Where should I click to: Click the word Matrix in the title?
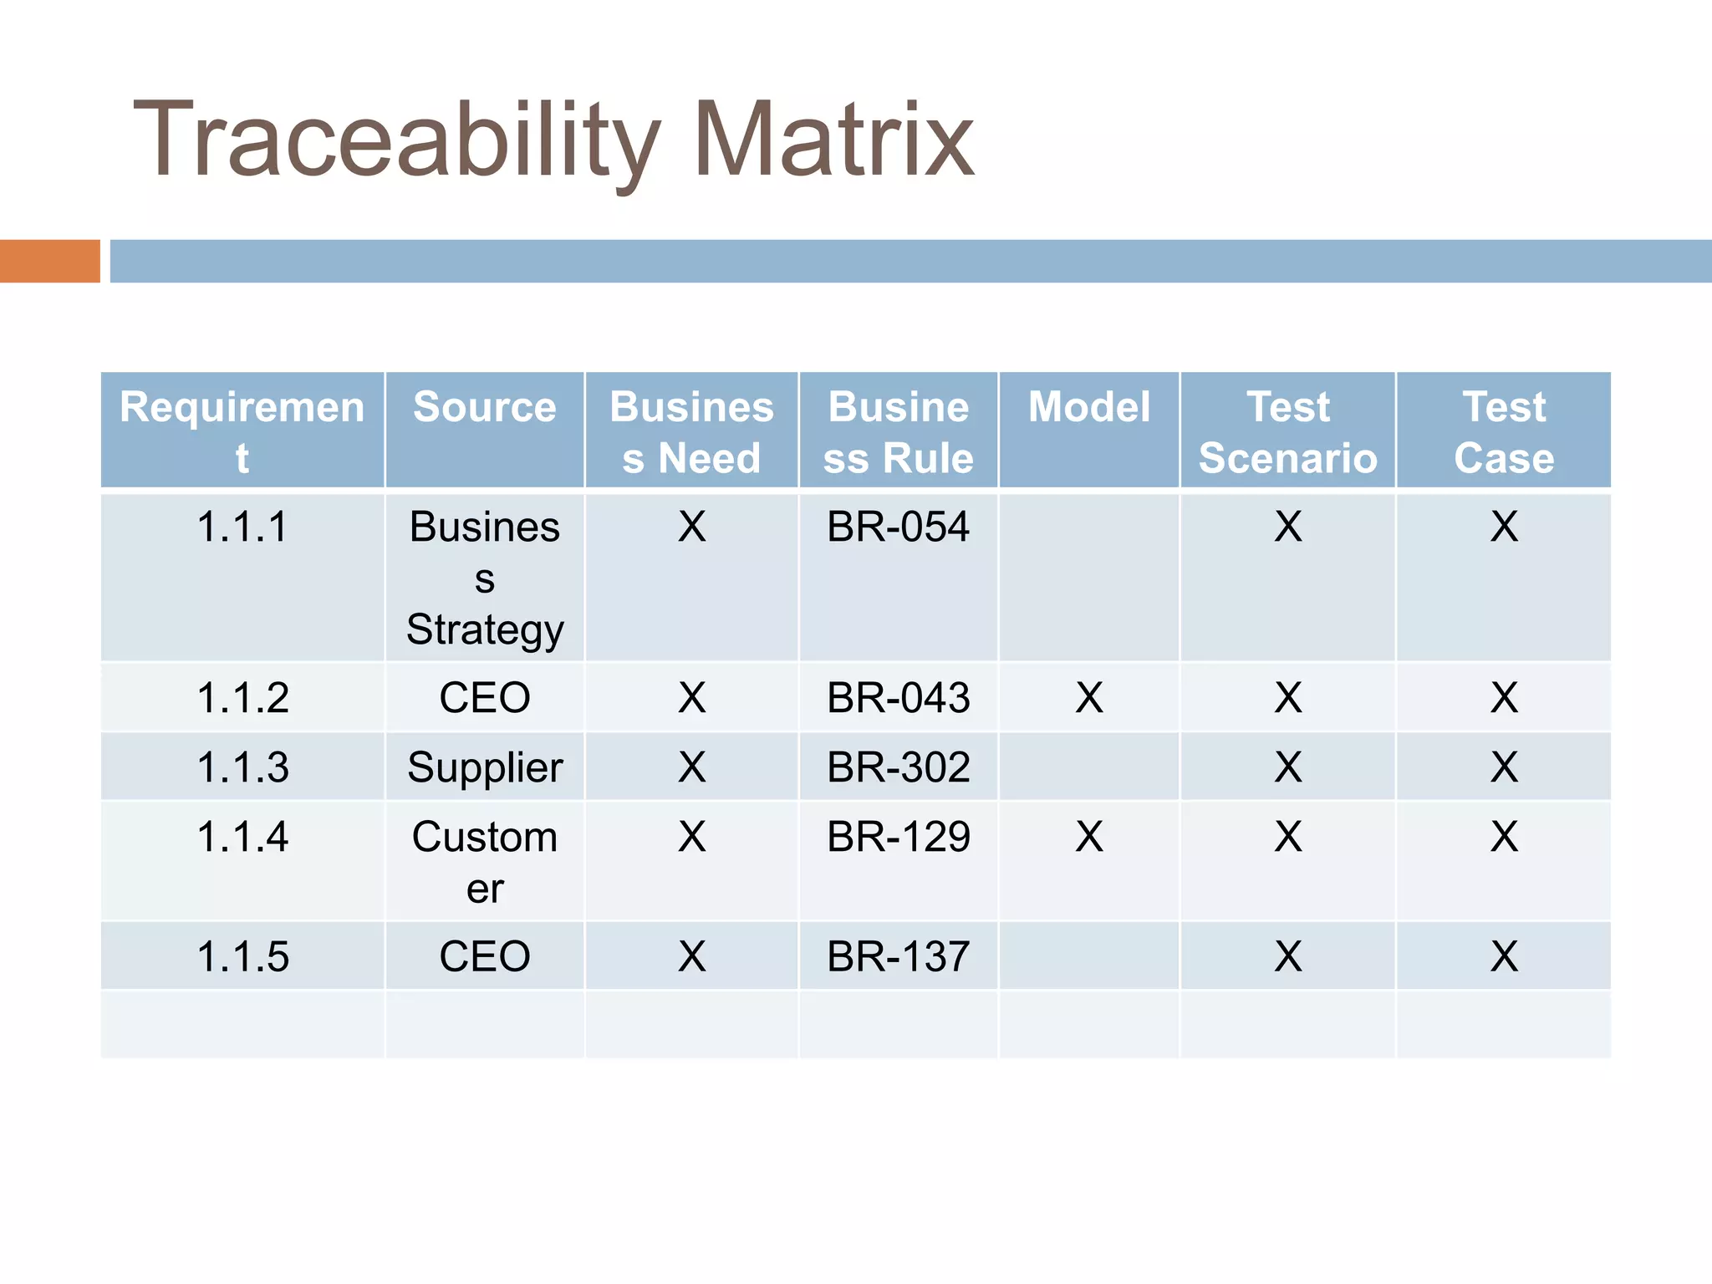[833, 140]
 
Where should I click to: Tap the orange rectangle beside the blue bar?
[49, 261]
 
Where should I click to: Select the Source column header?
[484, 408]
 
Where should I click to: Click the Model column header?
[1088, 408]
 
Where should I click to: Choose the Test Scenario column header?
[1287, 432]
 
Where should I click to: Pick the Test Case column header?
[1503, 432]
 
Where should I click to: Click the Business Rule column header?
[898, 432]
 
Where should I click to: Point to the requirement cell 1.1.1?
[242, 527]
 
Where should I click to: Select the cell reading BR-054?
[898, 527]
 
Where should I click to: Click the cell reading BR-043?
[898, 698]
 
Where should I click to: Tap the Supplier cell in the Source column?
[485, 767]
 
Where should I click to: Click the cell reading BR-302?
[898, 767]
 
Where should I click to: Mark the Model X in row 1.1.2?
[1088, 698]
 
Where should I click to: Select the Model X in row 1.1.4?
[1088, 837]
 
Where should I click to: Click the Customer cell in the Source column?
[485, 861]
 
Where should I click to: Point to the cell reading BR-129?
[898, 837]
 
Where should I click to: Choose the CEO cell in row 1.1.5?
[485, 956]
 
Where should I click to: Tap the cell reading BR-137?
[898, 956]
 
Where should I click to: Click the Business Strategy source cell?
[485, 578]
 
